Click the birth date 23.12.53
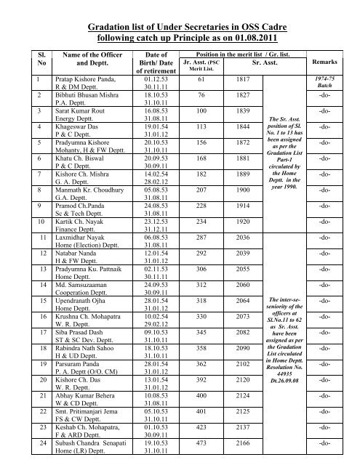(157, 201)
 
